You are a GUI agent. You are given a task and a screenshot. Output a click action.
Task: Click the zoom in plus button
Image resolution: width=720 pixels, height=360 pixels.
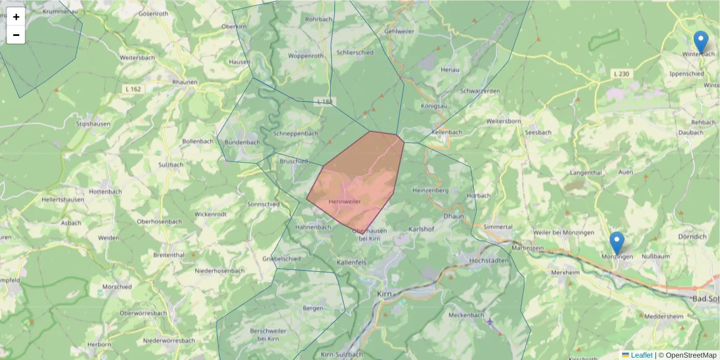pyautogui.click(x=16, y=17)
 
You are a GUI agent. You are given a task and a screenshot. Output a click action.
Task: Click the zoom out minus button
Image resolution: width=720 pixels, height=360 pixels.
pyautogui.click(x=16, y=35)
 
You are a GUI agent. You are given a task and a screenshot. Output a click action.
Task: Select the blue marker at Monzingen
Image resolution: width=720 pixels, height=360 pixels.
pyautogui.click(x=616, y=243)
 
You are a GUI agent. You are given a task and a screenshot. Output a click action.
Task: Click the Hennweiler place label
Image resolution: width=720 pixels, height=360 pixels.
pyautogui.click(x=345, y=202)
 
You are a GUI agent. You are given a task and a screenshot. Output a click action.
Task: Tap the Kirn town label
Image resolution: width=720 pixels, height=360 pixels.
pyautogui.click(x=384, y=294)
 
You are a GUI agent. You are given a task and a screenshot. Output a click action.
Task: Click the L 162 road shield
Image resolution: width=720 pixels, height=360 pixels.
pyautogui.click(x=134, y=89)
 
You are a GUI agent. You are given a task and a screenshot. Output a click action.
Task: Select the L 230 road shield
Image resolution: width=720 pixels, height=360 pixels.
pyautogui.click(x=622, y=74)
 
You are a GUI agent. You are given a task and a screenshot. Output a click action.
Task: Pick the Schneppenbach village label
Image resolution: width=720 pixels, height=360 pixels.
pyautogui.click(x=295, y=133)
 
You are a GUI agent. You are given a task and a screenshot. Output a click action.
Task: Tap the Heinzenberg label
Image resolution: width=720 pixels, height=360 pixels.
pyautogui.click(x=431, y=190)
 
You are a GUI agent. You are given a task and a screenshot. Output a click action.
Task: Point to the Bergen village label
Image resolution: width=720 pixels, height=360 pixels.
pyautogui.click(x=313, y=308)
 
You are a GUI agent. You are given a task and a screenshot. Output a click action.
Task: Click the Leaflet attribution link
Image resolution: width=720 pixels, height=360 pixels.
pyautogui.click(x=641, y=355)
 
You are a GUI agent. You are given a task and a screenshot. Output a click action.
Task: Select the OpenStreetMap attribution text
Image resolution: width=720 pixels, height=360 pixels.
pyautogui.click(x=691, y=355)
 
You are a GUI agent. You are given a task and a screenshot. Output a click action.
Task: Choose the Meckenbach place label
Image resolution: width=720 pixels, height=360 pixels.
pyautogui.click(x=466, y=314)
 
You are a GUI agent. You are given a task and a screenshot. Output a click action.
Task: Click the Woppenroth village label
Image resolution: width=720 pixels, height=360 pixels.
pyautogui.click(x=305, y=56)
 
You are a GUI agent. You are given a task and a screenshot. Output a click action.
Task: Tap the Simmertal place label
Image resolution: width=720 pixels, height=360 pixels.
pyautogui.click(x=498, y=227)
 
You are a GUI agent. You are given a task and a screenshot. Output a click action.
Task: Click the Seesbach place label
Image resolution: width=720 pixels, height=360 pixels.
pyautogui.click(x=538, y=132)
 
